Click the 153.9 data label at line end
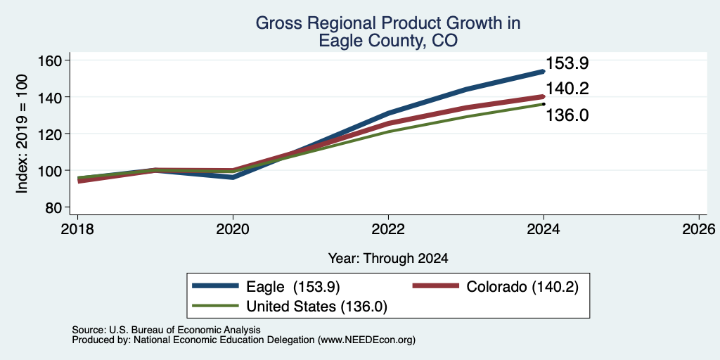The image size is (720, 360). (567, 63)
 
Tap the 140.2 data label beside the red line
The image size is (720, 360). (567, 89)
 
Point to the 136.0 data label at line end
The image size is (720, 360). (567, 115)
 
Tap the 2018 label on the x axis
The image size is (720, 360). (77, 229)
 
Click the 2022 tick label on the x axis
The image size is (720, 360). (388, 229)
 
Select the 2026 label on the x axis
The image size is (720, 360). (699, 229)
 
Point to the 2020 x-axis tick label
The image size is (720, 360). (233, 229)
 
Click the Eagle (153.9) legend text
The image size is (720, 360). (293, 287)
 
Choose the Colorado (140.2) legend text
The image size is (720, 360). (522, 287)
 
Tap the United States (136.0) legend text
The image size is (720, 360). (317, 307)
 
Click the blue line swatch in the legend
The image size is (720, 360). (216, 285)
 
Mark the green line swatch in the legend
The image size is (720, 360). (216, 305)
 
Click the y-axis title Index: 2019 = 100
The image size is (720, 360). (22, 134)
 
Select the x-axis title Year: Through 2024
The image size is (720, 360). (388, 259)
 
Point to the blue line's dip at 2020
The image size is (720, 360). (233, 177)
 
